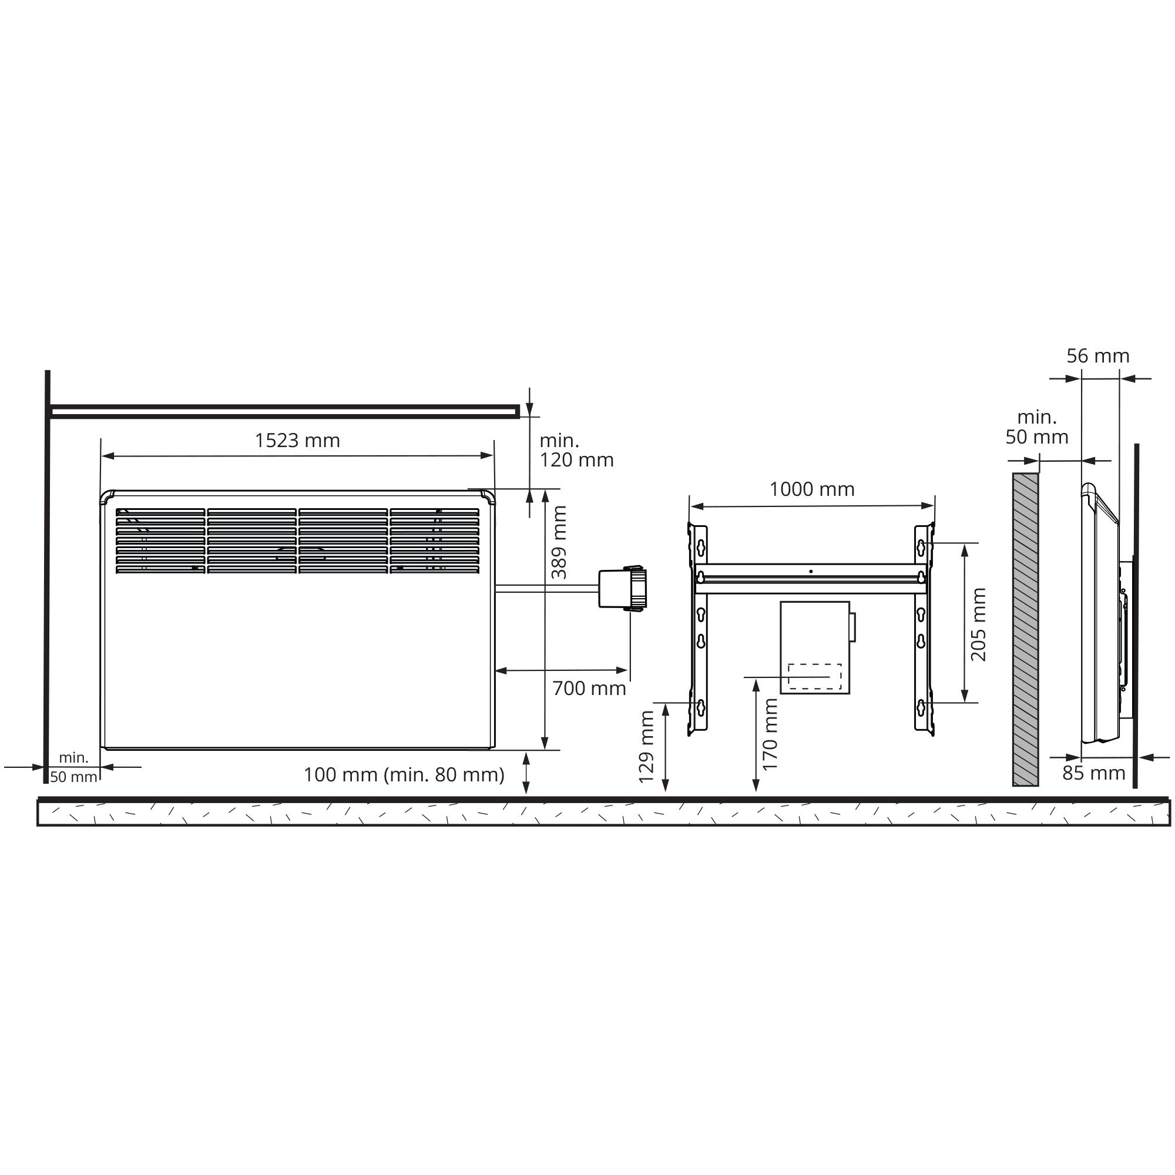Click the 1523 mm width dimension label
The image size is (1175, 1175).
(x=297, y=440)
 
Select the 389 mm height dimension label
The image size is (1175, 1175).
(x=559, y=542)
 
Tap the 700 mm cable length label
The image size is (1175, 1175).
(x=589, y=689)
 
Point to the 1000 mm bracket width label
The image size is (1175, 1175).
(x=811, y=489)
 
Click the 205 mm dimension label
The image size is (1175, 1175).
(x=979, y=624)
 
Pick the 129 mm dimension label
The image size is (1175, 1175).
(x=646, y=746)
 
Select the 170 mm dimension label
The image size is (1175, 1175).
(x=770, y=734)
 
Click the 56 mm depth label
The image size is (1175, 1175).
(x=1098, y=356)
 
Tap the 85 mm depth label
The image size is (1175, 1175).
(x=1093, y=773)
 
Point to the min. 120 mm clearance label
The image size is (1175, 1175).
(x=575, y=450)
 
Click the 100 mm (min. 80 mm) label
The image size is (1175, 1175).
(x=404, y=774)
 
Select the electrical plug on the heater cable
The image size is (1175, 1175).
(x=622, y=588)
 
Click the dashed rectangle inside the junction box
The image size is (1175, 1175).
(x=814, y=676)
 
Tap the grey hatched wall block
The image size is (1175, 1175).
(x=1025, y=629)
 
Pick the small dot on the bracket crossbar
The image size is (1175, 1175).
(x=811, y=572)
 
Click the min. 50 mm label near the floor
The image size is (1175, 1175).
(x=73, y=767)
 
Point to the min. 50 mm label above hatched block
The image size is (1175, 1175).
(x=1036, y=427)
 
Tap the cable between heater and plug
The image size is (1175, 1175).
(x=548, y=588)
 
